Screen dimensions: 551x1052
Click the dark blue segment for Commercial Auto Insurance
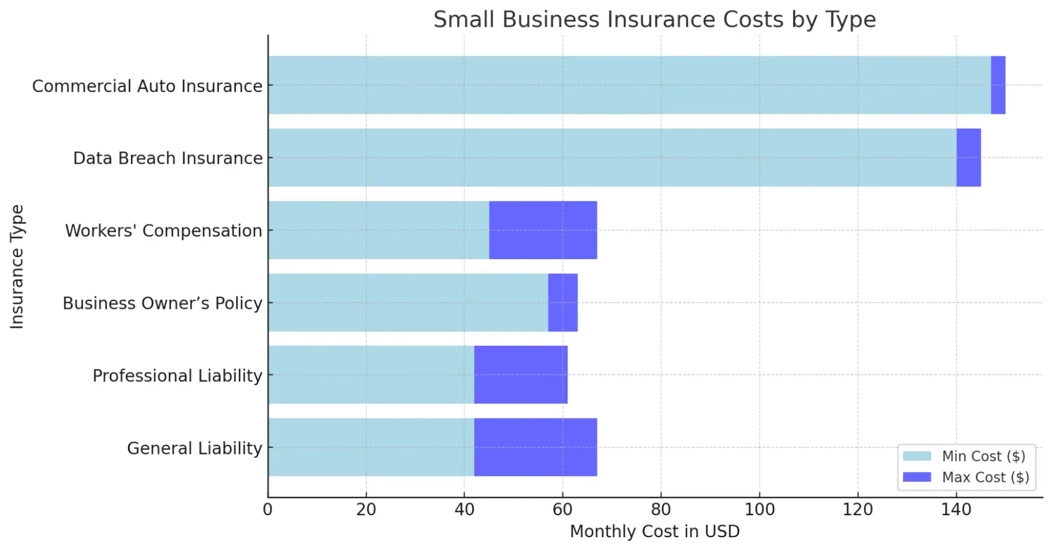coord(998,85)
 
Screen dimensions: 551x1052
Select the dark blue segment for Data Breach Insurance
coord(968,158)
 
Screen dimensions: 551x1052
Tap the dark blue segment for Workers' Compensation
coord(543,230)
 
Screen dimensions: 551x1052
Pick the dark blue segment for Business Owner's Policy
coord(563,302)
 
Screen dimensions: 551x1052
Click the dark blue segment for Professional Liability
coord(520,375)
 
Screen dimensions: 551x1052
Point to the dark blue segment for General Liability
coord(535,447)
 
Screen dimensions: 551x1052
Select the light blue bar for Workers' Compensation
coord(378,230)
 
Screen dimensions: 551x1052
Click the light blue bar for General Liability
coord(371,447)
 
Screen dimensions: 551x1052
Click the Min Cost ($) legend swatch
coord(917,456)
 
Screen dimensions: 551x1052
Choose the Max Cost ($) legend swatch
coord(917,477)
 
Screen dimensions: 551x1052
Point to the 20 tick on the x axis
coord(366,509)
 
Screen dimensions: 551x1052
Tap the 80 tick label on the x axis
coord(660,509)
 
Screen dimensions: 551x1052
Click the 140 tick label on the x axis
coord(956,509)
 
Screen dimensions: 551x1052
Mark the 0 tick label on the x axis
coord(267,509)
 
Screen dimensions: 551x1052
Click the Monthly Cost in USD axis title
coord(655,532)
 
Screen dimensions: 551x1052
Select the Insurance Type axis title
coord(17,267)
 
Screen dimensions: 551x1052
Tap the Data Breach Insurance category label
coord(167,158)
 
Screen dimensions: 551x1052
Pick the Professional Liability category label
coord(177,376)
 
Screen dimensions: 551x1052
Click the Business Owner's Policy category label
coord(162,303)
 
